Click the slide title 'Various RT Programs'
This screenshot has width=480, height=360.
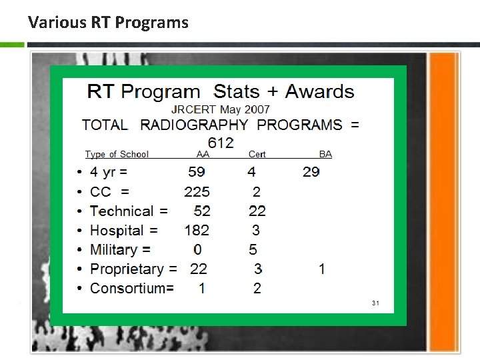pos(108,23)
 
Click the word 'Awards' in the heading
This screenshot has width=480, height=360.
pos(319,91)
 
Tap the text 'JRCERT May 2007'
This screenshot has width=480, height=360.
pos(221,109)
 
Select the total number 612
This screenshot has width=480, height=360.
pos(221,143)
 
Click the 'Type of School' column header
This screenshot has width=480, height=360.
pos(117,154)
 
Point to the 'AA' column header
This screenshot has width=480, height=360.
pos(203,154)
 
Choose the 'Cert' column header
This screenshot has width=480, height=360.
pos(257,154)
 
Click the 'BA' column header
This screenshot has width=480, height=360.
pos(325,154)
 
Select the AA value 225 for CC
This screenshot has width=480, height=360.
pos(197,192)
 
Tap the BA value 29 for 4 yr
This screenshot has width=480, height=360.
pos(311,172)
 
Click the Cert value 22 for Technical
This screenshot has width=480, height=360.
pos(257,211)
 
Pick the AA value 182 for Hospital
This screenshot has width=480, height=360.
pos(197,231)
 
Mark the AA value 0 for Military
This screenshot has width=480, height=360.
pos(197,250)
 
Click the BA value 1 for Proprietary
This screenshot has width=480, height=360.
pos(322,269)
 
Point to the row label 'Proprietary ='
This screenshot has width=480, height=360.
pos(133,269)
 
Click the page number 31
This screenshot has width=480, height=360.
pos(375,303)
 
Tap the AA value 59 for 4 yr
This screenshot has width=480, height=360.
pos(197,172)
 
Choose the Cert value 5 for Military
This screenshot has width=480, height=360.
pos(253,250)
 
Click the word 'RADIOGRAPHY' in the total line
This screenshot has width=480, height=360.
pos(195,125)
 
